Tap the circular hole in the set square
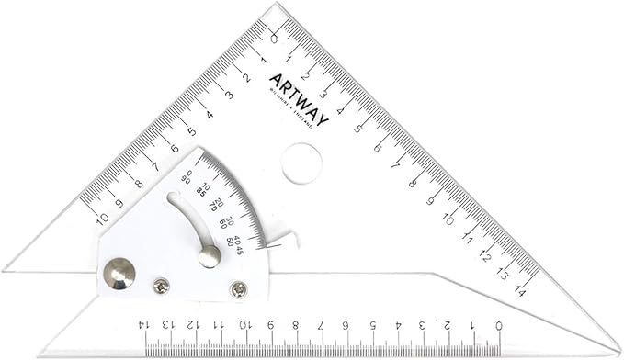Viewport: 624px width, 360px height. (301, 163)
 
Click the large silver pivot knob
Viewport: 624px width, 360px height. (119, 272)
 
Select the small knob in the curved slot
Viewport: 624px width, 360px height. (210, 256)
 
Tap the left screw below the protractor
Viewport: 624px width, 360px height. (162, 287)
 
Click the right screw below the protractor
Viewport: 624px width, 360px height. (238, 290)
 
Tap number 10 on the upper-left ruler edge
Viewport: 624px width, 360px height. (102, 219)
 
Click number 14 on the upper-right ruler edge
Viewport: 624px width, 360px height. (520, 290)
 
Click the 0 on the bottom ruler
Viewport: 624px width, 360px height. (498, 324)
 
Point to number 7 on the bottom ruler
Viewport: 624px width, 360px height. (320, 324)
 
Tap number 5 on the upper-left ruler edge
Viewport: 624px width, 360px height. (191, 130)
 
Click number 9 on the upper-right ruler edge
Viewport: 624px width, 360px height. (431, 199)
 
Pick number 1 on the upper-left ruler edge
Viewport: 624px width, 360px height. (263, 59)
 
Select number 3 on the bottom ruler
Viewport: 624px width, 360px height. (422, 324)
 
